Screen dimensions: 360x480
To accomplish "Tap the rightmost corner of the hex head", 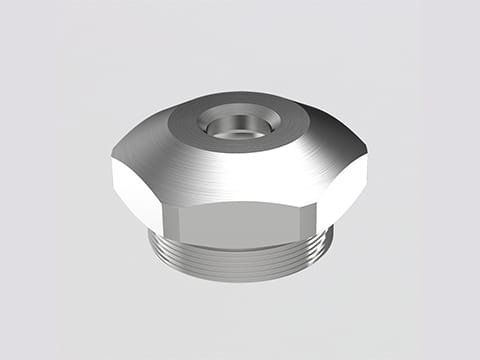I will tap(367, 172).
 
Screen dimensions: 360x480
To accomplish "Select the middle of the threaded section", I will tap(240, 258).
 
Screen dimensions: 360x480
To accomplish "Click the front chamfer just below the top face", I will tap(237, 170).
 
